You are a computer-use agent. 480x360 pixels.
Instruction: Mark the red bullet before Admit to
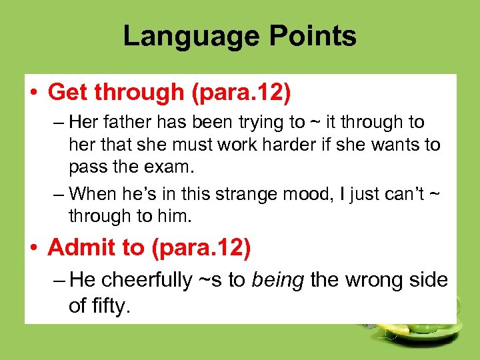click(x=34, y=248)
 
